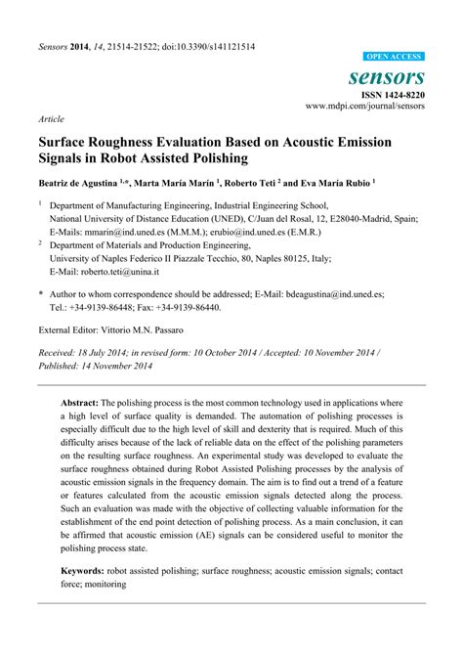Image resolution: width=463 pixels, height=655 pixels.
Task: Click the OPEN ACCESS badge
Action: (x=394, y=58)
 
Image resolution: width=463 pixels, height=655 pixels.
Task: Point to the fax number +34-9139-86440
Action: (x=190, y=306)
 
